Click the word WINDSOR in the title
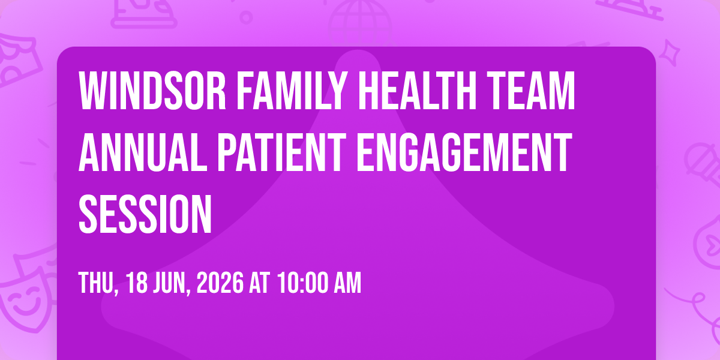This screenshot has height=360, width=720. tap(152, 91)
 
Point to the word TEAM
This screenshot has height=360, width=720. tap(530, 91)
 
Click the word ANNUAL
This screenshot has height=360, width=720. tap(143, 152)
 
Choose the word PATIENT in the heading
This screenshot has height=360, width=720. tap(282, 152)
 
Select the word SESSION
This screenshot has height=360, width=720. tap(145, 214)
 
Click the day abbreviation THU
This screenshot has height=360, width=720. tap(98, 283)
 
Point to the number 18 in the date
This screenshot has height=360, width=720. tap(137, 283)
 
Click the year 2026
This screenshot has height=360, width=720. tap(220, 283)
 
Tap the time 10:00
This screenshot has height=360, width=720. tap(304, 283)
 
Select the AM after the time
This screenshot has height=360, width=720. tap(348, 283)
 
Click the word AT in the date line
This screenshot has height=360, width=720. tap(259, 283)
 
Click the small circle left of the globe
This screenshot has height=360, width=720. tap(246, 17)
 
